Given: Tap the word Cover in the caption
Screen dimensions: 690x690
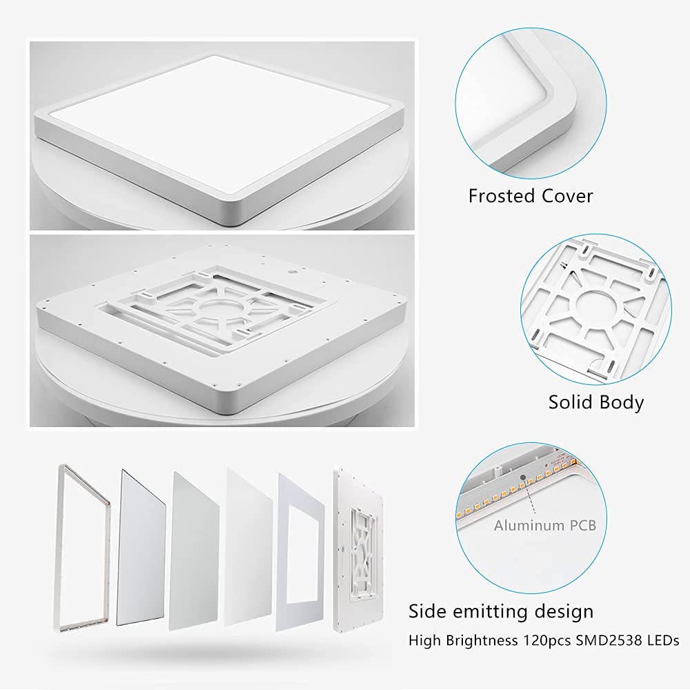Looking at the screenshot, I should pyautogui.click(x=562, y=195).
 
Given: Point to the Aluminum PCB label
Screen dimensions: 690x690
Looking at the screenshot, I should pyautogui.click(x=545, y=525).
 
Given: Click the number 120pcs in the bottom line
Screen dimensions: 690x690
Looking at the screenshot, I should pyautogui.click(x=547, y=640).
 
